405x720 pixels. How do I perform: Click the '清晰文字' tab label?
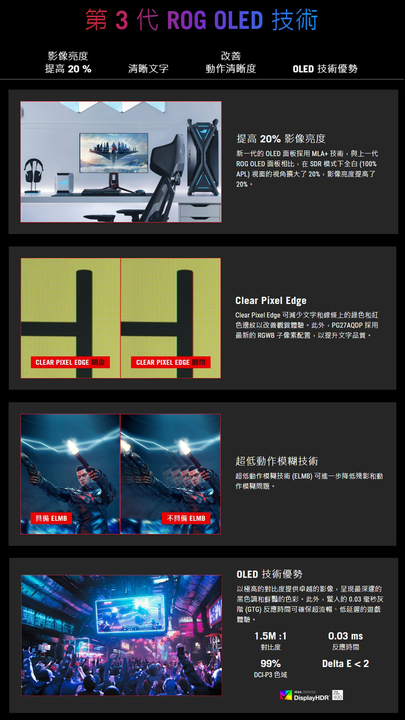(148, 68)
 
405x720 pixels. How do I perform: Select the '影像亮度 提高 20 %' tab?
(68, 62)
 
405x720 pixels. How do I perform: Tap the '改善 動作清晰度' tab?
(231, 62)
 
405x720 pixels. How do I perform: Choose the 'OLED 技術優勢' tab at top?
(325, 69)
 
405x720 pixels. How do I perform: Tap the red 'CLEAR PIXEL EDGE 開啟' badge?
(70, 362)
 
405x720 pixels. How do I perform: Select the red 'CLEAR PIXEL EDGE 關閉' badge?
(171, 362)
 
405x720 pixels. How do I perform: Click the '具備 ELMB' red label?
(51, 518)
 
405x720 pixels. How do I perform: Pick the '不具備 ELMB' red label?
(186, 518)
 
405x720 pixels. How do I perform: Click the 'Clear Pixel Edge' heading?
(271, 301)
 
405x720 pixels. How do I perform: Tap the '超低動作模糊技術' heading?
(276, 461)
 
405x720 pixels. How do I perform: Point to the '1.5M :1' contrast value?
(270, 636)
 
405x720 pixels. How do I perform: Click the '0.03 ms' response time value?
(346, 636)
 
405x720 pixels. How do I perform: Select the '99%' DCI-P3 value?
(270, 663)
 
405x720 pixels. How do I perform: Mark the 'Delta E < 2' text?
(346, 663)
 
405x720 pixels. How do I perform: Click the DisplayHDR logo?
(311, 695)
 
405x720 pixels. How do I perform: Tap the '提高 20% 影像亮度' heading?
(281, 139)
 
